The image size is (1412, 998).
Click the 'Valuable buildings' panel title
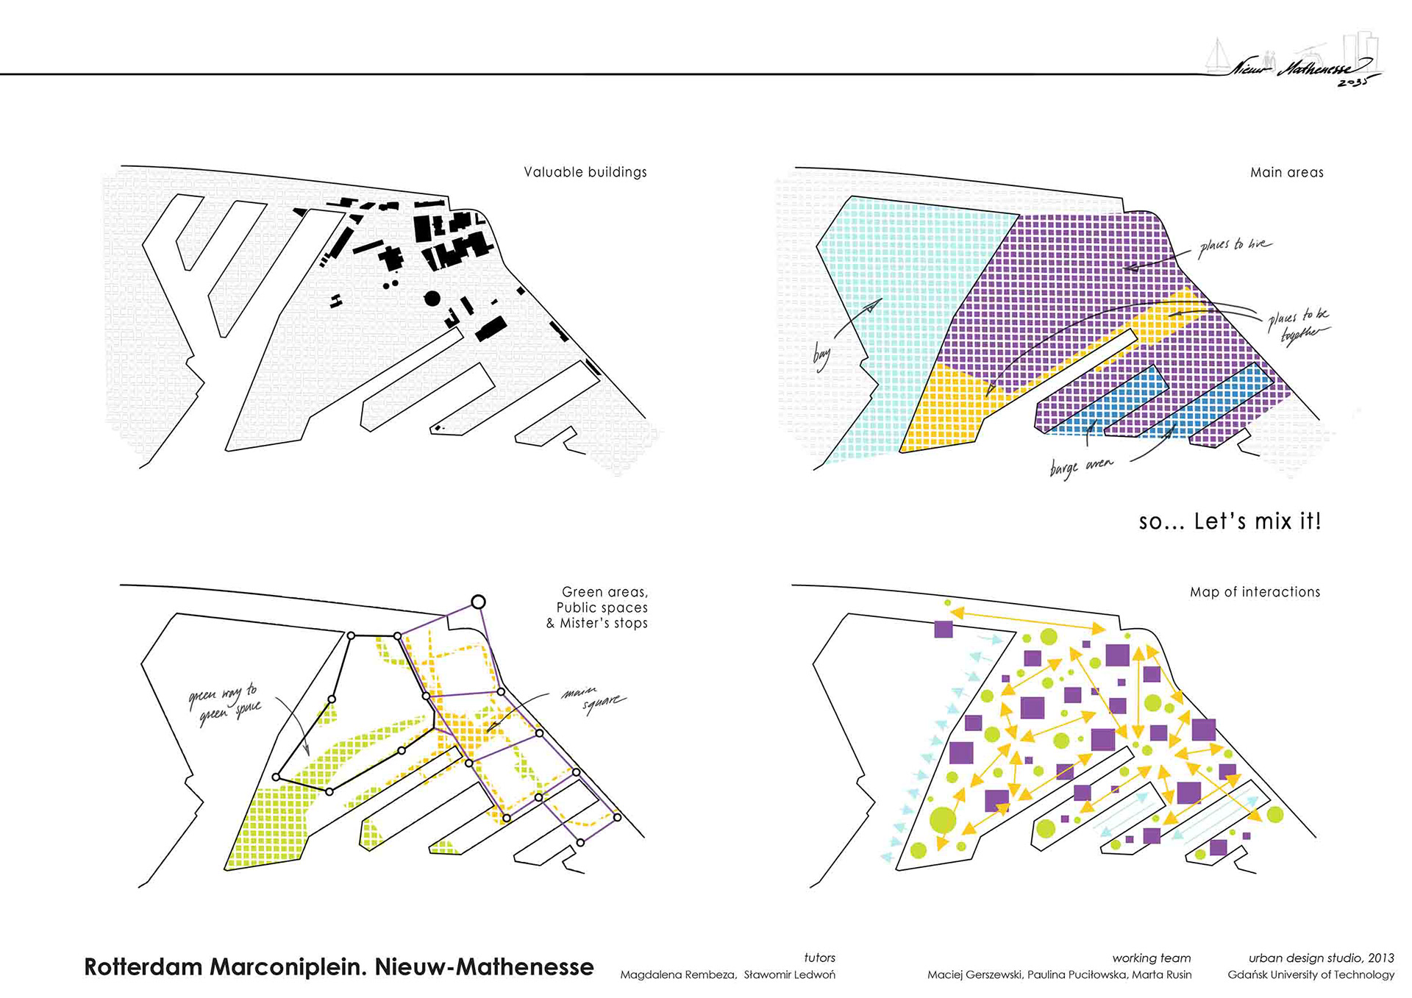tap(585, 172)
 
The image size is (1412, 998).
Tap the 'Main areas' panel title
tap(1286, 173)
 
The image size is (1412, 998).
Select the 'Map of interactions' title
tap(1255, 592)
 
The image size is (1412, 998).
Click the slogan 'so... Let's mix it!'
tap(1230, 521)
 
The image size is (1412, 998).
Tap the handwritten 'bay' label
tap(821, 356)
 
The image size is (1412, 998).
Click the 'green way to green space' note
tap(224, 703)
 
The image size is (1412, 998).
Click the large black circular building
tap(432, 298)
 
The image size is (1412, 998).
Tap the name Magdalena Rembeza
tap(677, 975)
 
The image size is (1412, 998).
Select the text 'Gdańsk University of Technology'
tap(1311, 975)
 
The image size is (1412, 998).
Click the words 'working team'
tap(1151, 958)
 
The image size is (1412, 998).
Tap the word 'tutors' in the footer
tap(819, 958)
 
